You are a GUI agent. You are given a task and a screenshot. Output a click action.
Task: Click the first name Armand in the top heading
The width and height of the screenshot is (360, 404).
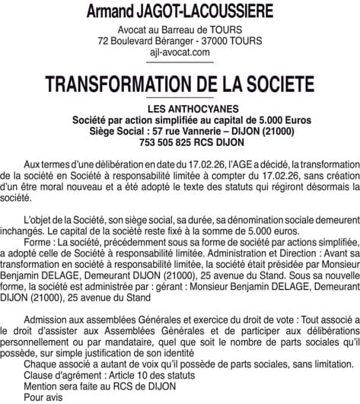pyautogui.click(x=116, y=13)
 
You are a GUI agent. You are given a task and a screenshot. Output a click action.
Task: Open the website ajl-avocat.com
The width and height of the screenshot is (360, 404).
pyautogui.click(x=180, y=52)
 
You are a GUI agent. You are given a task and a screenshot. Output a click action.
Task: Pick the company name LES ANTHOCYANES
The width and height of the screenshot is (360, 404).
pyautogui.click(x=180, y=109)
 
